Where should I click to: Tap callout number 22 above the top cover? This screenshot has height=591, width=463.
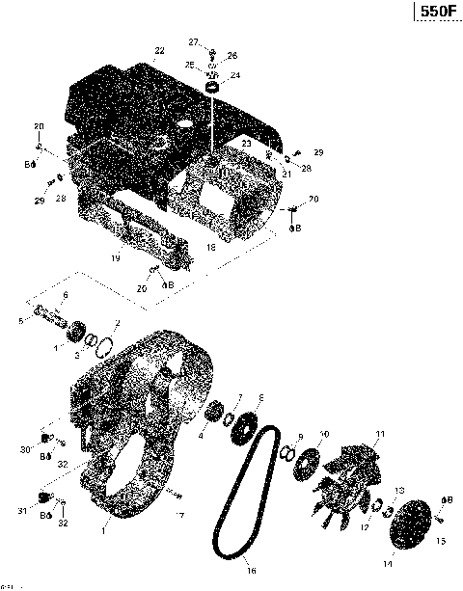pyautogui.click(x=158, y=49)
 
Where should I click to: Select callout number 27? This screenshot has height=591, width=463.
pyautogui.click(x=193, y=41)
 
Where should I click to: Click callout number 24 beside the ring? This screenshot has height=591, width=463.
pyautogui.click(x=235, y=75)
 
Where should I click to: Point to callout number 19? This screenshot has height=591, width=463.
pyautogui.click(x=115, y=257)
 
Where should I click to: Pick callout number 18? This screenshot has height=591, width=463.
pyautogui.click(x=210, y=248)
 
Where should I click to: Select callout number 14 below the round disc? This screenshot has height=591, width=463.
pyautogui.click(x=389, y=562)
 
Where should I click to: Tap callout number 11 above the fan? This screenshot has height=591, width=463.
pyautogui.click(x=380, y=433)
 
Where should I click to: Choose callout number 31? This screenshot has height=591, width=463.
pyautogui.click(x=23, y=511)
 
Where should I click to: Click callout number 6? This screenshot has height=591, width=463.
pyautogui.click(x=66, y=295)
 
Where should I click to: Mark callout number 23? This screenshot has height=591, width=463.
pyautogui.click(x=247, y=143)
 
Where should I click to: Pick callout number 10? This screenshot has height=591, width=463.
pyautogui.click(x=324, y=434)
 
